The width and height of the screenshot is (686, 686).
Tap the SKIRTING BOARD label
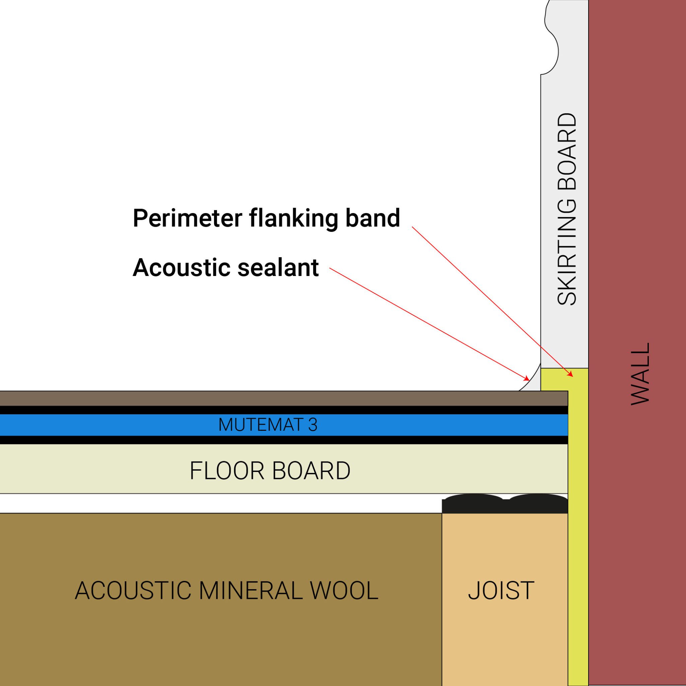click(x=567, y=209)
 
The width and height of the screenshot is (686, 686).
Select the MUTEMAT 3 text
click(x=268, y=425)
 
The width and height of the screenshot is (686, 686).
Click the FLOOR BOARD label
click(x=270, y=471)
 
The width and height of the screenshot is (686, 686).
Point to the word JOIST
click(x=501, y=591)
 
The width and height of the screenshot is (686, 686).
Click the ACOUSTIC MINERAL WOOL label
click(x=226, y=591)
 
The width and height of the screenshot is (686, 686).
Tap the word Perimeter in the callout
click(x=187, y=218)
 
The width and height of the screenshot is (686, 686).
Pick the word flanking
click(x=293, y=218)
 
